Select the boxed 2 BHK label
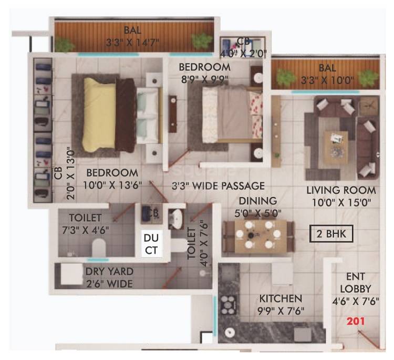pyautogui.click(x=331, y=234)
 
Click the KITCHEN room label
pyautogui.click(x=281, y=299)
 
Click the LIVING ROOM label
pyautogui.click(x=341, y=190)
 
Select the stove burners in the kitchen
pyautogui.click(x=229, y=304)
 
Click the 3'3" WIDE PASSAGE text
pyautogui.click(x=218, y=186)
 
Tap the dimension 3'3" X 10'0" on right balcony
pyautogui.click(x=327, y=80)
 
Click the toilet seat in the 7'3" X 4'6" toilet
pyautogui.click(x=99, y=246)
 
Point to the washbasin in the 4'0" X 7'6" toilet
pyautogui.click(x=176, y=217)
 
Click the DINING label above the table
pyautogui.click(x=257, y=201)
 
